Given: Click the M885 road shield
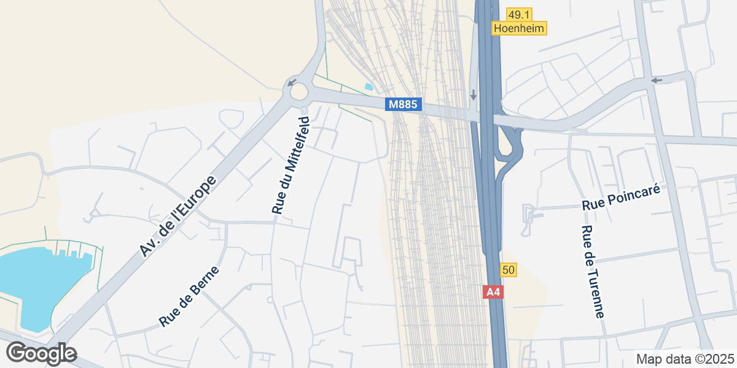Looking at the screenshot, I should (x=404, y=105).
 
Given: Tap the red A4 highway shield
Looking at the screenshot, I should (x=494, y=293).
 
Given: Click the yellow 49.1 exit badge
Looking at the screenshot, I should (x=519, y=15).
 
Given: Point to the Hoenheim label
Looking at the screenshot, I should (x=519, y=28).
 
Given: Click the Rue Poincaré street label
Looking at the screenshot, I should (x=621, y=199).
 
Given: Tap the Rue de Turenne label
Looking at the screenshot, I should (x=593, y=272).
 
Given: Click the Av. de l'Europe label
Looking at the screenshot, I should (x=178, y=216).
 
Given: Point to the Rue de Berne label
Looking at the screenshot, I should (x=189, y=296).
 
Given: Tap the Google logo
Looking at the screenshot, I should (x=41, y=353).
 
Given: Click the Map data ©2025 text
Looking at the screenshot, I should (x=685, y=359).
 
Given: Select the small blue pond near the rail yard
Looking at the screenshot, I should (x=368, y=87).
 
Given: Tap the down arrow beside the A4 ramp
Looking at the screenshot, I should (x=473, y=95).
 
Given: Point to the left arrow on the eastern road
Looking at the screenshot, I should (x=657, y=80).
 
